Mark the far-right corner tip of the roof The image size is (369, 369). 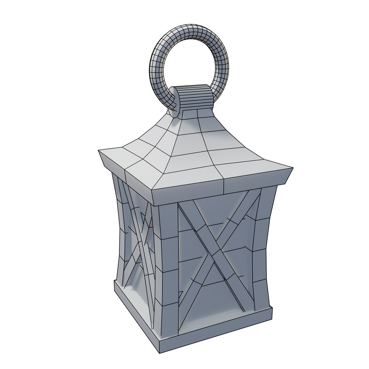tap(292, 168)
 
